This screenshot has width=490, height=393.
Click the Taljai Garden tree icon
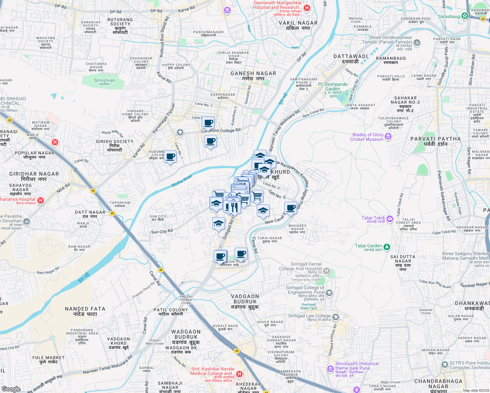pyautogui.click(x=387, y=247)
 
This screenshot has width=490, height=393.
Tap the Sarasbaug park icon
pyautogui.click(x=464, y=16)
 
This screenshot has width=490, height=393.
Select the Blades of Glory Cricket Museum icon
pyautogui.click(x=388, y=137)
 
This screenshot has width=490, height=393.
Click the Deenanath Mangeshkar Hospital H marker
pyautogui.click(x=307, y=8)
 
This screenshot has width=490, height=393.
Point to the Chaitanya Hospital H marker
pyautogui.click(x=41, y=200)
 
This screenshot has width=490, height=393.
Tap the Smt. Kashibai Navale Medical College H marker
pyautogui.click(x=239, y=374)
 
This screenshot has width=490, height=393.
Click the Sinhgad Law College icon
pyautogui.click(x=335, y=317)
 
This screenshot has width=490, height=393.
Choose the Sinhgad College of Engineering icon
pyautogui.click(x=329, y=292)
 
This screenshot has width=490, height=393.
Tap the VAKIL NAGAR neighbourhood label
pyautogui.click(x=298, y=26)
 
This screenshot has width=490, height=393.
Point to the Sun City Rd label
pyautogui.click(x=162, y=232)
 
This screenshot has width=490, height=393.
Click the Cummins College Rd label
pyautogui.click(x=221, y=130)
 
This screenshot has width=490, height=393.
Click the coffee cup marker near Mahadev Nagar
pyautogui.click(x=291, y=208)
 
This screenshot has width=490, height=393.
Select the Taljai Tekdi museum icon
pyautogui.click(x=389, y=218)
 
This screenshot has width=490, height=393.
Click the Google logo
pyautogui.click(x=11, y=389)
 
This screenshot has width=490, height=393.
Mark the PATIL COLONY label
pyautogui.click(x=171, y=312)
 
